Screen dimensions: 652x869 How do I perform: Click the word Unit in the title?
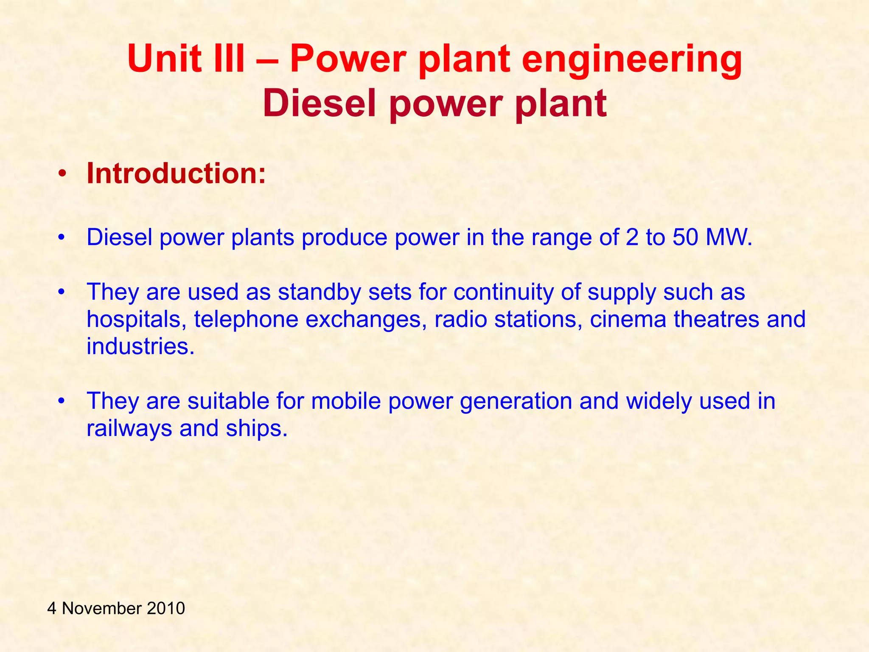[164, 59]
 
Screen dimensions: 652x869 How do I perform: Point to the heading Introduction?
[176, 174]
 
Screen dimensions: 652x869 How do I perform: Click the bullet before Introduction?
[62, 174]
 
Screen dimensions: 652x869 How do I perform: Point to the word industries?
[140, 346]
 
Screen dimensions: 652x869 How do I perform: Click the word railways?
[129, 428]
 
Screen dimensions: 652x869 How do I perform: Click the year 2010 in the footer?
[166, 608]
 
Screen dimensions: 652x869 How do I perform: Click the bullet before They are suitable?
[62, 401]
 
